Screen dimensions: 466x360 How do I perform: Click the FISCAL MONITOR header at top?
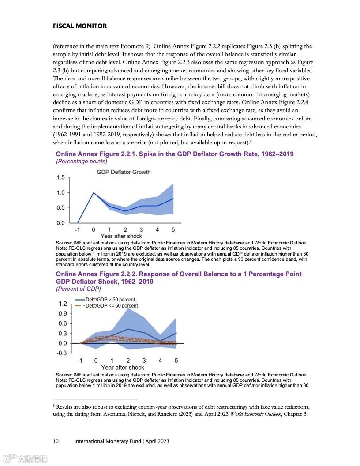tap(79, 26)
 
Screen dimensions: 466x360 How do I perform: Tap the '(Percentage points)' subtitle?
tap(81, 162)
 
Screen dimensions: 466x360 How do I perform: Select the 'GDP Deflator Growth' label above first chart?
tap(124, 172)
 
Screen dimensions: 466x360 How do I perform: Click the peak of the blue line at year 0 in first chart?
tap(94, 193)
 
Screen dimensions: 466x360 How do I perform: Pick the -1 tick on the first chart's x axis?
tap(77, 229)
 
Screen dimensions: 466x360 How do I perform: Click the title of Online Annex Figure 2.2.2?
tap(179, 278)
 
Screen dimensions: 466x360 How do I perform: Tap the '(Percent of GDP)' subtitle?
tap(78, 289)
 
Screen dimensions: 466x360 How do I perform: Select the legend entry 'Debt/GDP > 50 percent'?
tap(110, 300)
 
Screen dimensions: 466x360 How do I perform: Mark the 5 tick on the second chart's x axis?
tap(176, 361)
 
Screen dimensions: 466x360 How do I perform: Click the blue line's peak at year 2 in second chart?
tap(128, 329)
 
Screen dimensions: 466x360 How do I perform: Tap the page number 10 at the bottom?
tap(56, 441)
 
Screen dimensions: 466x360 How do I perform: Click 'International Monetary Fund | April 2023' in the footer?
tap(122, 441)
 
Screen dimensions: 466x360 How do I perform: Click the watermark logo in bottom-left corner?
tap(25, 459)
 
